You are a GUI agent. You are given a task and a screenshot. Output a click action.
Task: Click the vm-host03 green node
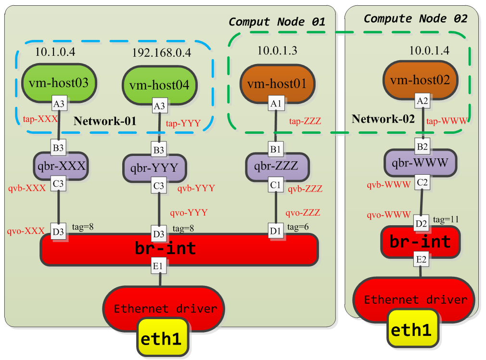click(x=58, y=82)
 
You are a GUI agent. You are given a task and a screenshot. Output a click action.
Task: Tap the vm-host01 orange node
click(x=275, y=84)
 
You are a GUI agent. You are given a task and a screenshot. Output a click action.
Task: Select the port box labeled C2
click(x=422, y=182)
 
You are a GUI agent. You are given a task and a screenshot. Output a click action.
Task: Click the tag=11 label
click(x=446, y=219)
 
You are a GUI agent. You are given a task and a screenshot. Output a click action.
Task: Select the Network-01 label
click(x=105, y=121)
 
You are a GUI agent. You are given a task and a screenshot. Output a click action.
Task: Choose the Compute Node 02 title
click(x=415, y=19)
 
